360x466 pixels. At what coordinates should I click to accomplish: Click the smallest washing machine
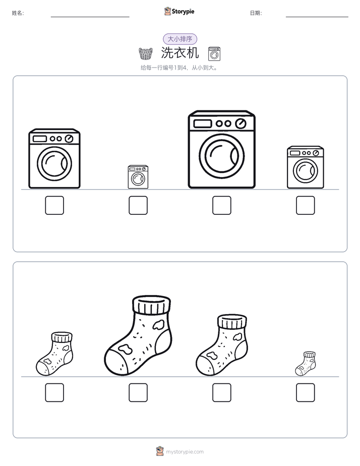point(138,177)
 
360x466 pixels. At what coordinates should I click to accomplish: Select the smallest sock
point(306,364)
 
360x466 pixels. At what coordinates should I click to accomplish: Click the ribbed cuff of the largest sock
point(151,304)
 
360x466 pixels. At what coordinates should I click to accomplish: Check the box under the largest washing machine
point(221,205)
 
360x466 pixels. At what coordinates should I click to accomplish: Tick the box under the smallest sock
point(306,392)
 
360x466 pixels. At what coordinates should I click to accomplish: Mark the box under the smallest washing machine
point(138,205)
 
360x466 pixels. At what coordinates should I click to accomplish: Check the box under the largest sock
point(138,392)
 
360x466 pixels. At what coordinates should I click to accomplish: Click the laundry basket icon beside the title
point(146,53)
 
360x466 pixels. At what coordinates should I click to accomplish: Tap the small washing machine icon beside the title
point(214,53)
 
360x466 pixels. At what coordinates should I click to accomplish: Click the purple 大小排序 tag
point(180,39)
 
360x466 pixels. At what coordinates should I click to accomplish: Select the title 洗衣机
point(180,53)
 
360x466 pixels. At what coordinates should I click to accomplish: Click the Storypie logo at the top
point(179,11)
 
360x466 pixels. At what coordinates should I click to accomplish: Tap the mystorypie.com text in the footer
point(185,452)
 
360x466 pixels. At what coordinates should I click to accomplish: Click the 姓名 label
point(18,13)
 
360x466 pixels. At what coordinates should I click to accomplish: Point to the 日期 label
point(256,13)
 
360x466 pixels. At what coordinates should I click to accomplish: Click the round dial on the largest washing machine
point(241,124)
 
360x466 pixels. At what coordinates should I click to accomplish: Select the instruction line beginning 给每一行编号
point(179,68)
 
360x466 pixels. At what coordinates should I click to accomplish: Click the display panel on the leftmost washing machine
point(40,139)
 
